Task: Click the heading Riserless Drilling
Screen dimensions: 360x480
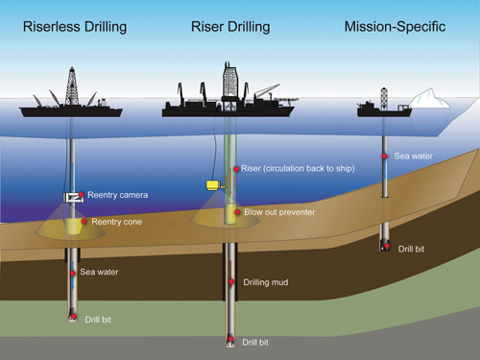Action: tap(75, 26)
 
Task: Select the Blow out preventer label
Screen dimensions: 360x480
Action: tap(279, 211)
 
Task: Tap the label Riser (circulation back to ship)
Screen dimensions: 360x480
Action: tap(299, 170)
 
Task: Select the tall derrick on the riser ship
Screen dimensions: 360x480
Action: tap(230, 83)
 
